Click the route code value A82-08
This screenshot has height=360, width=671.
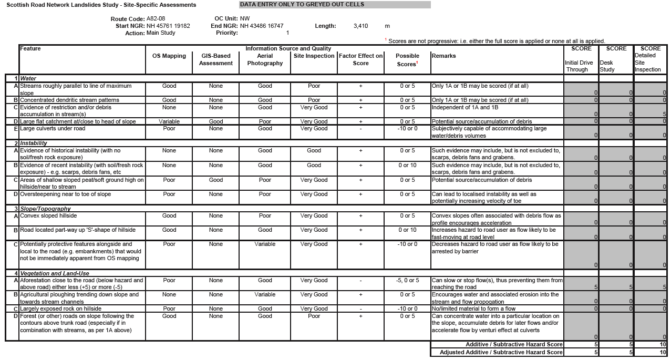[156, 18]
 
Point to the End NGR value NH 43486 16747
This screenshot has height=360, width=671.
[262, 26]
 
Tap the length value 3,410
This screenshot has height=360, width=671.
[360, 26]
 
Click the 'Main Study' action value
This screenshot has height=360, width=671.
[161, 33]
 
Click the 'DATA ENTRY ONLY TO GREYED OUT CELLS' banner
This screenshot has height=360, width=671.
[334, 5]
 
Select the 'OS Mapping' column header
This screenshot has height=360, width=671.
[169, 56]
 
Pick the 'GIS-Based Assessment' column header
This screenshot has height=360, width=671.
[215, 59]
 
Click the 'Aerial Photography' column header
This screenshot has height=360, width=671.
[265, 59]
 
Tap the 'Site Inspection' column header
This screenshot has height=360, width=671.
[314, 56]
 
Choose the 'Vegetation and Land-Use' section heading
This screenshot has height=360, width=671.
[55, 273]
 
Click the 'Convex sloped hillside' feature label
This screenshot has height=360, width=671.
[48, 215]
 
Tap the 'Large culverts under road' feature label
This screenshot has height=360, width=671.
[53, 128]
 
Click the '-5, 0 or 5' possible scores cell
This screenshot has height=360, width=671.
[407, 281]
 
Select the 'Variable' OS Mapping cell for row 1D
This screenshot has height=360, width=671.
[169, 121]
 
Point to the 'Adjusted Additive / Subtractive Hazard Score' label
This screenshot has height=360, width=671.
[501, 352]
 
